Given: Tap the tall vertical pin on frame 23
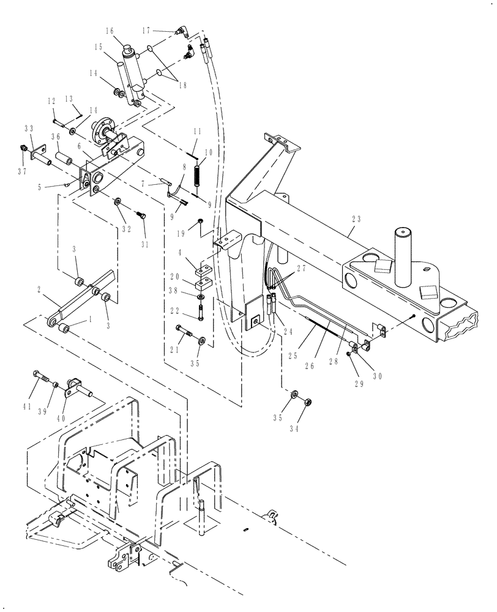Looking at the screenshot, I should pos(404,257).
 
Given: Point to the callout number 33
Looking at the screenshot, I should pos(28,129).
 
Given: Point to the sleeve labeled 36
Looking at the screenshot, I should pos(64,161).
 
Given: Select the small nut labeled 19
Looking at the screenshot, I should pos(200,221).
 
